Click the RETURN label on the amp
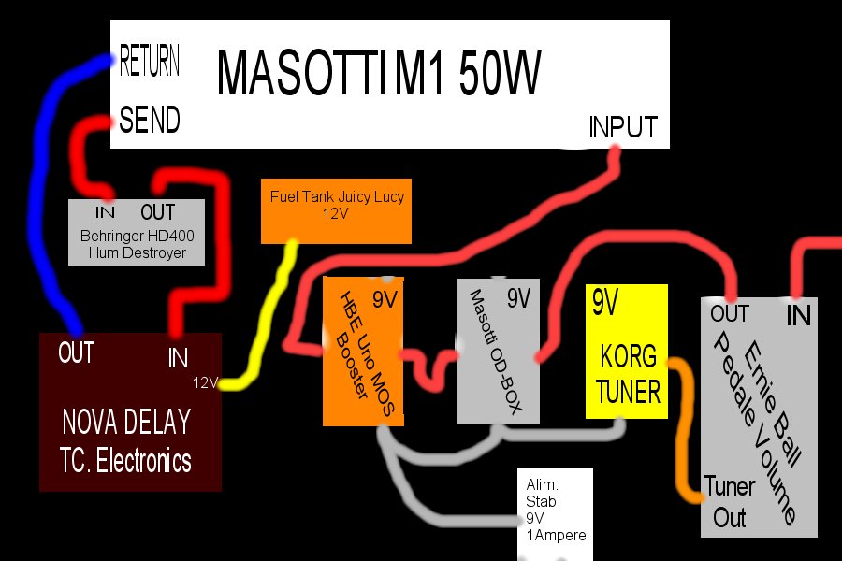click(150, 60)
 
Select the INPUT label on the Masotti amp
click(623, 127)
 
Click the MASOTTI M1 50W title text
click(379, 73)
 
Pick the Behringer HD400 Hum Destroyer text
click(137, 244)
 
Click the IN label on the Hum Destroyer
click(105, 212)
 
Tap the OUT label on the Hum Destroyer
click(157, 212)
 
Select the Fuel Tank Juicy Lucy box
click(336, 211)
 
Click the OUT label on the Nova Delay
click(76, 352)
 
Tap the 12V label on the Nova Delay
click(205, 382)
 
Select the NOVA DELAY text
click(126, 422)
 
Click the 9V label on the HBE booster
click(385, 299)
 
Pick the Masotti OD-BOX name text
click(496, 352)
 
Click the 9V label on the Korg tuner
click(605, 302)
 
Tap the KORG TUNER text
click(628, 374)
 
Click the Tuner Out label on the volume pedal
click(729, 502)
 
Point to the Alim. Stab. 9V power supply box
click(555, 513)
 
